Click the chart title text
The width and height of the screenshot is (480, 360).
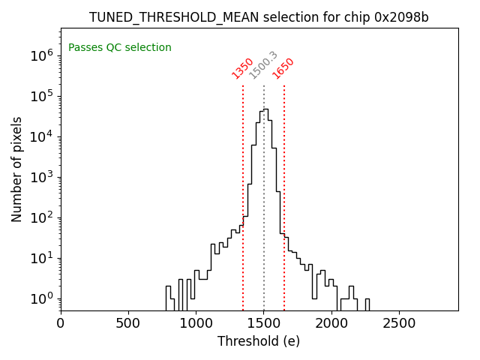(259, 17)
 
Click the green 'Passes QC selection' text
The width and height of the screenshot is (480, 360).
(120, 48)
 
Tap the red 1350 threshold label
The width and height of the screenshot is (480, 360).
(242, 68)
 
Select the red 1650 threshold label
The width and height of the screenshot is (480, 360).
(283, 68)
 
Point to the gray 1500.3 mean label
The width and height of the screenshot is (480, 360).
(263, 65)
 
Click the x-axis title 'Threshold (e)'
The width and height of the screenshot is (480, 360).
(259, 341)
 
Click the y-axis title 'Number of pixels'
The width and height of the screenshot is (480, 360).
(17, 169)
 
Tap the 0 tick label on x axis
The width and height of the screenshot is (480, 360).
(61, 324)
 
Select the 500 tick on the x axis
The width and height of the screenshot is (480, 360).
(128, 324)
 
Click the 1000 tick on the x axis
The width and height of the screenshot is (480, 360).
(196, 324)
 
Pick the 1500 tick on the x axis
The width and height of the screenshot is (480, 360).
(263, 324)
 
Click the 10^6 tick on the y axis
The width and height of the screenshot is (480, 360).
(40, 55)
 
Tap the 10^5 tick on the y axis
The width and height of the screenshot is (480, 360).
(40, 96)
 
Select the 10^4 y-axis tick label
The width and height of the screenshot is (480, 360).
(40, 136)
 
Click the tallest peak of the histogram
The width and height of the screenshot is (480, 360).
(265, 109)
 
